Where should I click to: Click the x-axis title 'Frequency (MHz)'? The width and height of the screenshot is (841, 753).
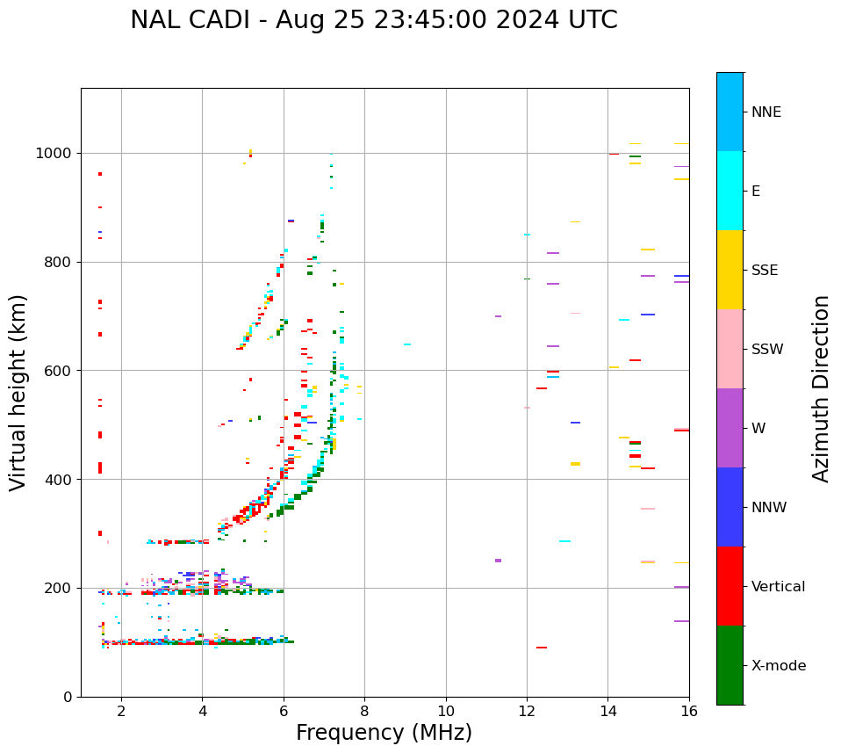pos(384,733)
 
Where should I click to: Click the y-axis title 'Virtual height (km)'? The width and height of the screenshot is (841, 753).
pos(19,392)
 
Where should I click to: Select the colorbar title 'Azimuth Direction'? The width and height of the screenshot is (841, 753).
pos(821,388)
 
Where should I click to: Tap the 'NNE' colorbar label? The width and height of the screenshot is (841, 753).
pos(766,112)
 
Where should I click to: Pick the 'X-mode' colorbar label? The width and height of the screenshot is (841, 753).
pos(778,666)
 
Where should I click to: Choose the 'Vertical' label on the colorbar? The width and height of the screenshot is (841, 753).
pos(778,587)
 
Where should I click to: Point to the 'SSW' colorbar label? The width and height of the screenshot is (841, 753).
pos(766,350)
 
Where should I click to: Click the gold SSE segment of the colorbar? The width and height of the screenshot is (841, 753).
pos(730,270)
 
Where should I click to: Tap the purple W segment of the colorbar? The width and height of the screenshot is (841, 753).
pos(730,428)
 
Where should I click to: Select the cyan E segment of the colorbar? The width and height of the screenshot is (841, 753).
pos(730,191)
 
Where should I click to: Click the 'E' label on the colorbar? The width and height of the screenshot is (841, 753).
pos(756,192)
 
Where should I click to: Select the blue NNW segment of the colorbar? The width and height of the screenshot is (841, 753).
pos(730,507)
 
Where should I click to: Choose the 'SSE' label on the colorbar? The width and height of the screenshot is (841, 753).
pos(765,271)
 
